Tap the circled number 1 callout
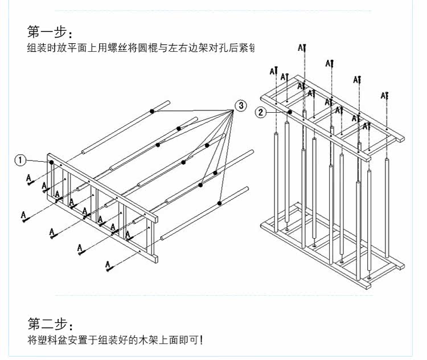(x=20, y=161)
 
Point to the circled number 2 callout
(x=260, y=112)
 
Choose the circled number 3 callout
(x=241, y=105)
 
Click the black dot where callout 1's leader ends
(x=52, y=162)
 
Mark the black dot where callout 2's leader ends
(x=290, y=112)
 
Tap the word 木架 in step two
(x=155, y=341)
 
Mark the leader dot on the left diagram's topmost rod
(x=153, y=111)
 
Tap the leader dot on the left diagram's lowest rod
(x=219, y=203)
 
